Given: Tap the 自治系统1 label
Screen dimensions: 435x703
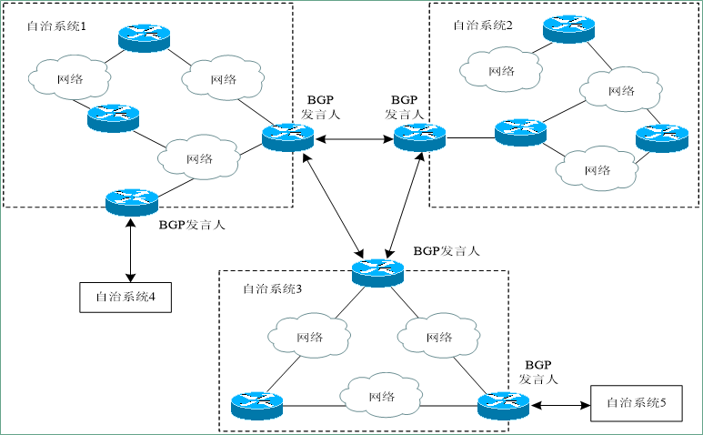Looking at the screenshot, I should pos(56,26).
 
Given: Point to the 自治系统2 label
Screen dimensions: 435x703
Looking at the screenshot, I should pos(482,25).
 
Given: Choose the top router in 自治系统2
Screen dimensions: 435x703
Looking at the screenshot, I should pos(568,27).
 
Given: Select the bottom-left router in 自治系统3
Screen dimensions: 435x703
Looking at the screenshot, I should pos(257,405).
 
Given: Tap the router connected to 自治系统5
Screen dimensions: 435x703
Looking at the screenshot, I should pos(503,405).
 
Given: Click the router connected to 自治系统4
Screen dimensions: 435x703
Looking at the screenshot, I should pos(132,200).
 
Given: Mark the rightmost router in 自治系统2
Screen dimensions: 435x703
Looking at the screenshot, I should pos(661,137).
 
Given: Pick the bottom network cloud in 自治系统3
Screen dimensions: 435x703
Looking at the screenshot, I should pos(381,398).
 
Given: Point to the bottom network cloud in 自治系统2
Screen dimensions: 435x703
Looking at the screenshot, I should pos(597,170).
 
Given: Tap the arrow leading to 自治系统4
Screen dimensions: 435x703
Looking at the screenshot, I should pos(132,248).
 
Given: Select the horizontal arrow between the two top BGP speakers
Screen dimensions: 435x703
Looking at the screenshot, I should pos(354,138).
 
